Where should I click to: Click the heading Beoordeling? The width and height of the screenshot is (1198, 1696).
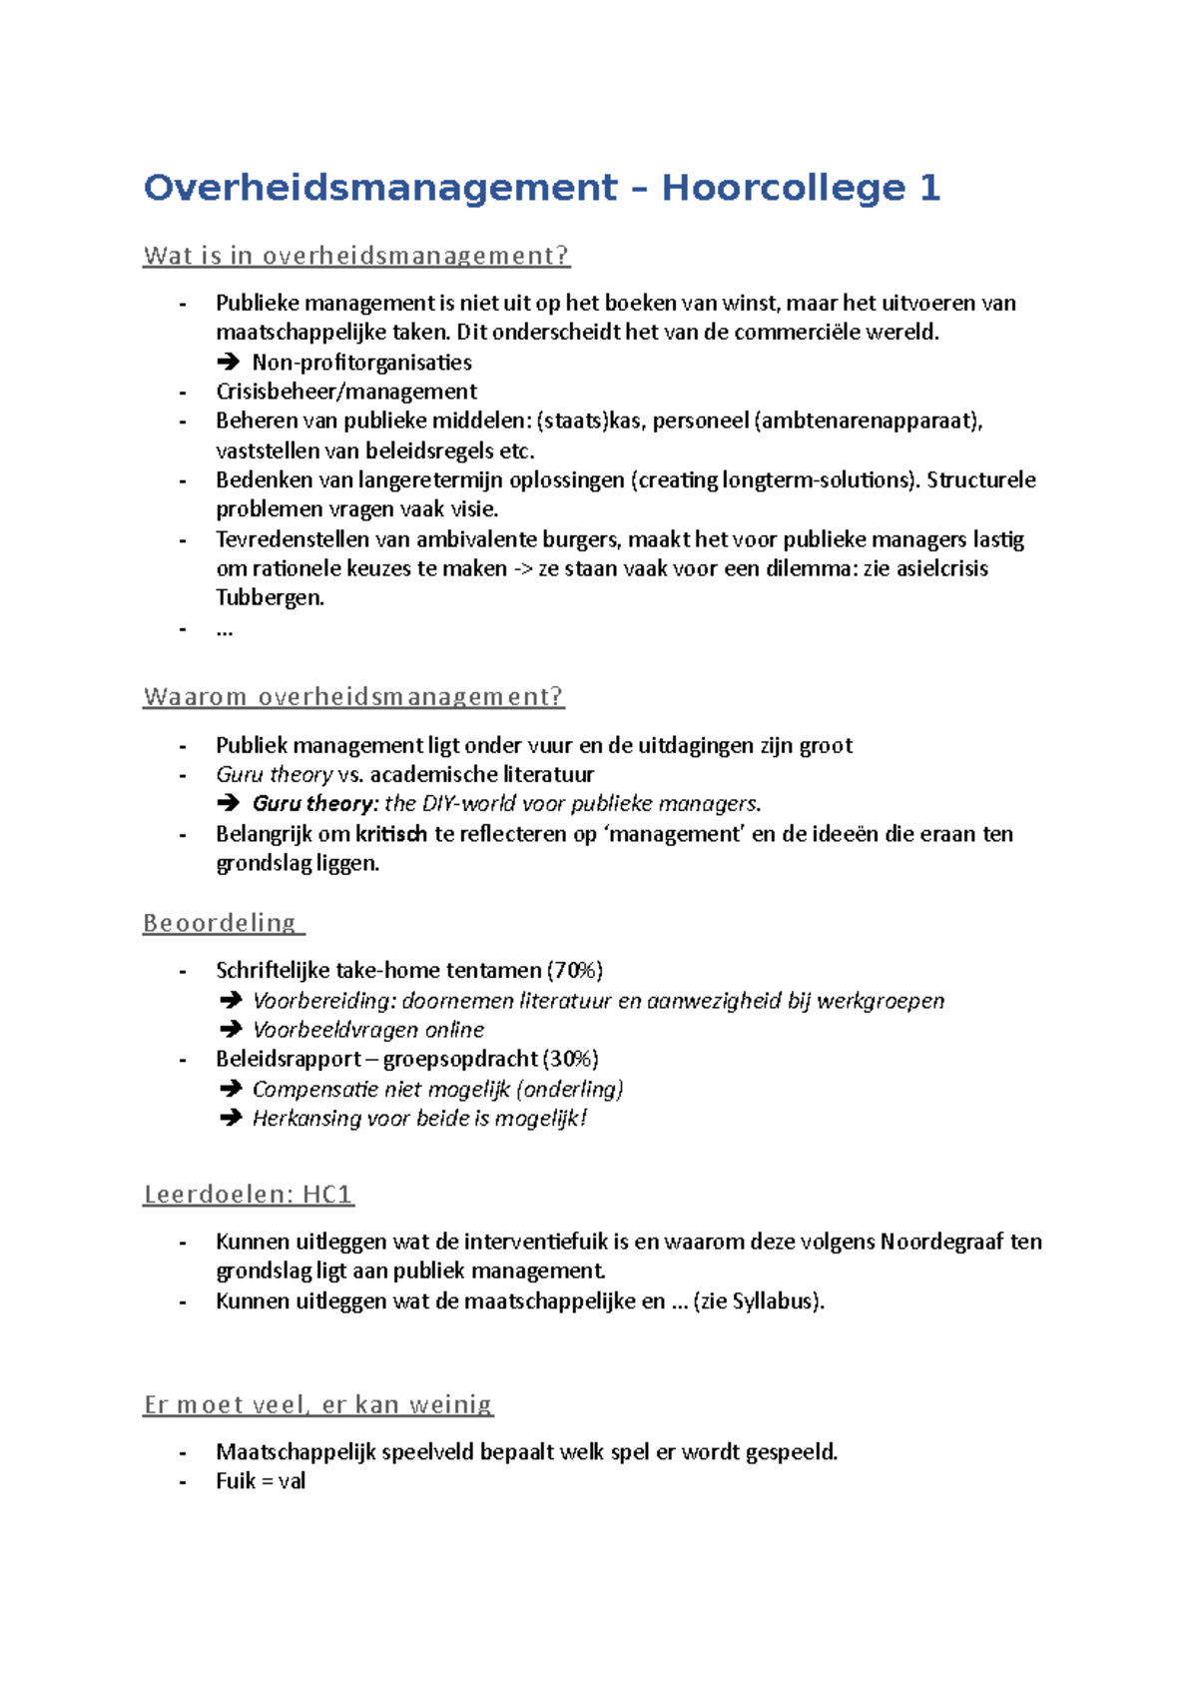[x=221, y=923]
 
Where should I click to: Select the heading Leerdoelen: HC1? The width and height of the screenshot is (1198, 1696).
[x=249, y=1194]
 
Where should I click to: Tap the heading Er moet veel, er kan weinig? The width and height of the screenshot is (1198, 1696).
[x=318, y=1404]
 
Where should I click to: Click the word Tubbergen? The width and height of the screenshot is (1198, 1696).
[x=270, y=598]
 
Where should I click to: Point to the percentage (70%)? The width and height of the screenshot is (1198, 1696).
[x=574, y=970]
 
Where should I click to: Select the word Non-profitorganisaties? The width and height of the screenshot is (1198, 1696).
[x=361, y=363]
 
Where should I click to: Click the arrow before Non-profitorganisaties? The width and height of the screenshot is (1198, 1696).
[x=229, y=363]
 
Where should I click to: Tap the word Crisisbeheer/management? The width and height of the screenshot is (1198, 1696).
[x=346, y=392]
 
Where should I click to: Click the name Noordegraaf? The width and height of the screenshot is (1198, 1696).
[x=940, y=1242]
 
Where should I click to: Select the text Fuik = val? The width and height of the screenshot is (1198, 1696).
[x=261, y=1481]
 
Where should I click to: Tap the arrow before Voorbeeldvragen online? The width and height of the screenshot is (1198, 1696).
[x=230, y=1030]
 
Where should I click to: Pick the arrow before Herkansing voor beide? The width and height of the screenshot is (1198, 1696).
[x=230, y=1118]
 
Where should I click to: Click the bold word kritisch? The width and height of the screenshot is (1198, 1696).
[x=391, y=834]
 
